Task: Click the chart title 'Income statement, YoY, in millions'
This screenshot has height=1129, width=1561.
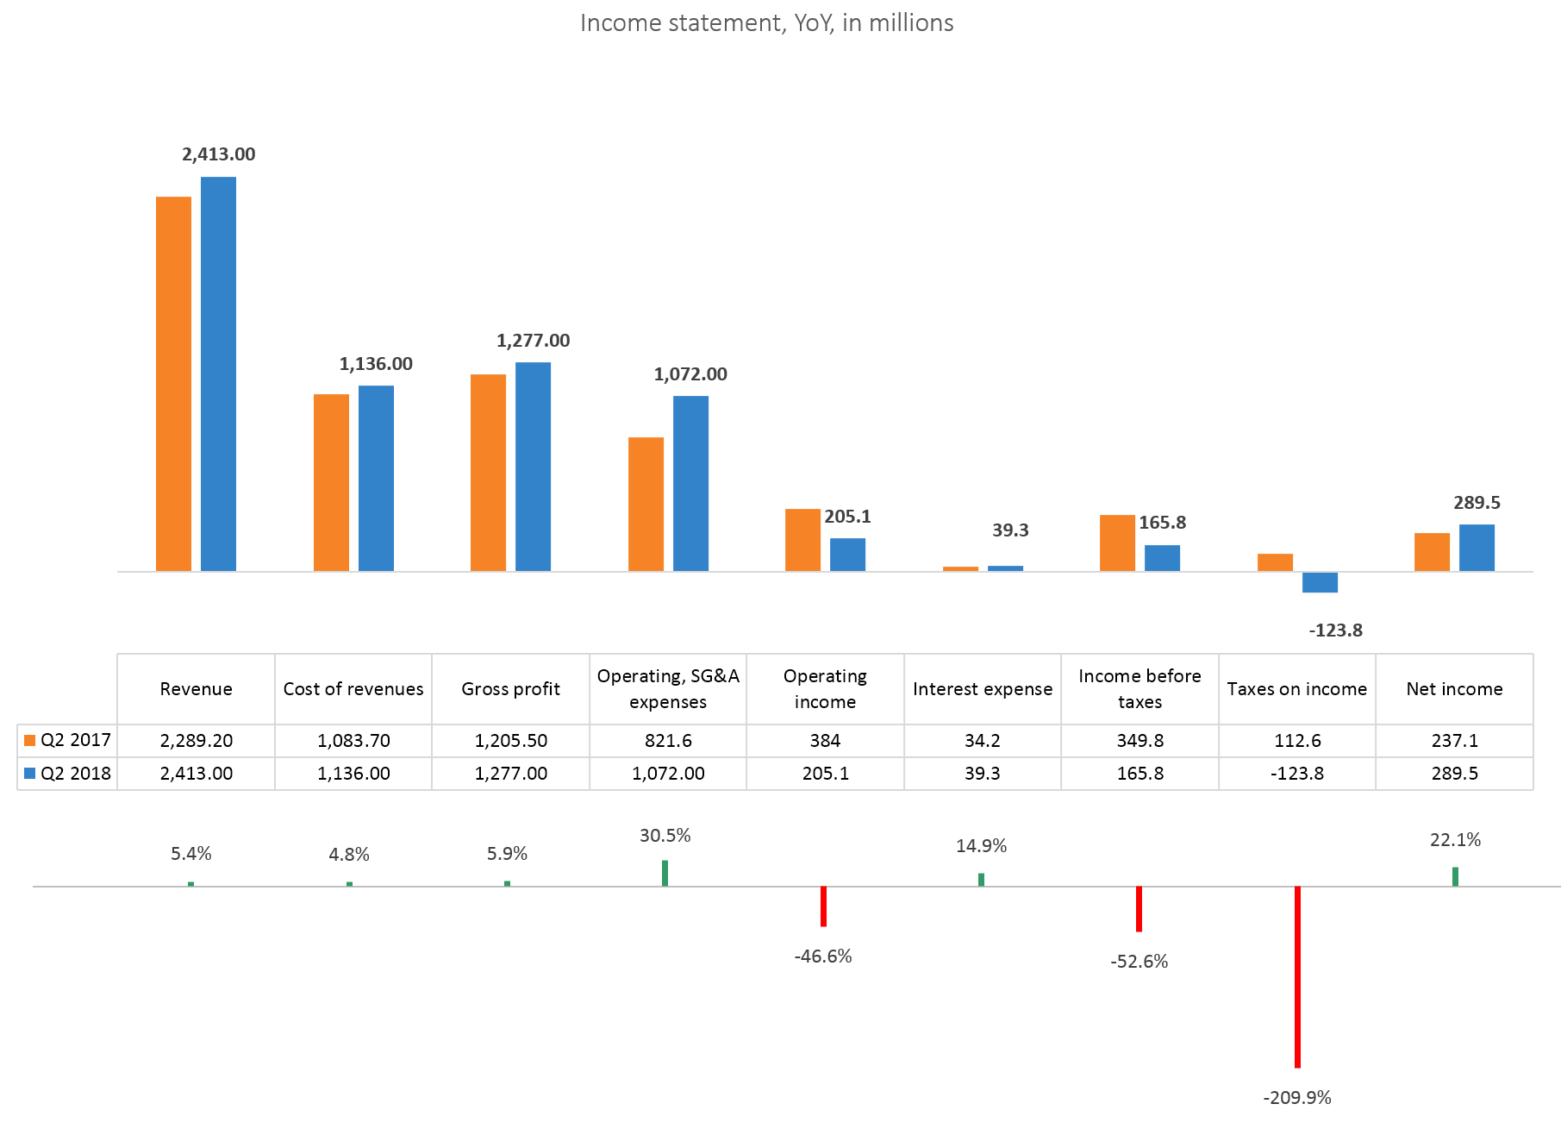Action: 766,23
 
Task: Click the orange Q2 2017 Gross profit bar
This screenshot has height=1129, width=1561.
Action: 488,473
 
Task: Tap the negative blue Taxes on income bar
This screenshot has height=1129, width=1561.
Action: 1320,582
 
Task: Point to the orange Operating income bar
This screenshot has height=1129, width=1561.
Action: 802,540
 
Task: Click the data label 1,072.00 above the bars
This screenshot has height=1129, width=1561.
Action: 690,374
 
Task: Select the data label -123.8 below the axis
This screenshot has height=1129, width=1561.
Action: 1335,630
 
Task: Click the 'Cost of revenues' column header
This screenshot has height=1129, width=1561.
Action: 353,689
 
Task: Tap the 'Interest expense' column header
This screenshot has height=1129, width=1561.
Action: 983,689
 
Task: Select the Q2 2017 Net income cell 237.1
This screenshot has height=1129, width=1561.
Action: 1454,741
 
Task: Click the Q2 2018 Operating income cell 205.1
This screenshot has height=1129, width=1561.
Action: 825,774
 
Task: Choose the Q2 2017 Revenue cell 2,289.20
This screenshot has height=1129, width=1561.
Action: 197,741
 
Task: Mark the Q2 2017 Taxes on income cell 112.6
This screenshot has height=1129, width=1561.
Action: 1297,741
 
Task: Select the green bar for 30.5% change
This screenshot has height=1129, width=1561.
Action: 665,873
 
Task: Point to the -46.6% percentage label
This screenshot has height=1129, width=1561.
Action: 823,957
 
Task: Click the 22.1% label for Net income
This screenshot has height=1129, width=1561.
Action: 1455,840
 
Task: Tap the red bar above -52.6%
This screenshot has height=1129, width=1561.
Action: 1139,908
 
